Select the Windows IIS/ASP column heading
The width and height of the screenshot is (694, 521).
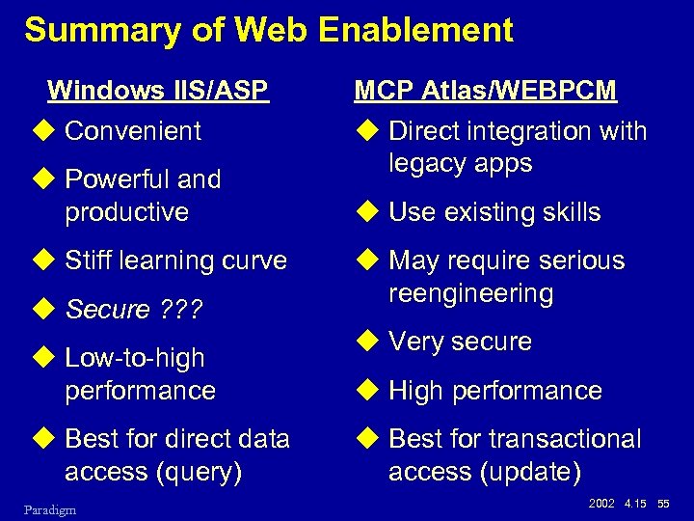157,91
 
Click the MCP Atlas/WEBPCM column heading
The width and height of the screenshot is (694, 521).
485,91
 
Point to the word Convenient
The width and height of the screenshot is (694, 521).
133,131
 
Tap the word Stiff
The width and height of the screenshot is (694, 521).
88,260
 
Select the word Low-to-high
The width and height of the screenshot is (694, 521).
134,358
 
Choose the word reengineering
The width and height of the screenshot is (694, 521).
470,293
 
